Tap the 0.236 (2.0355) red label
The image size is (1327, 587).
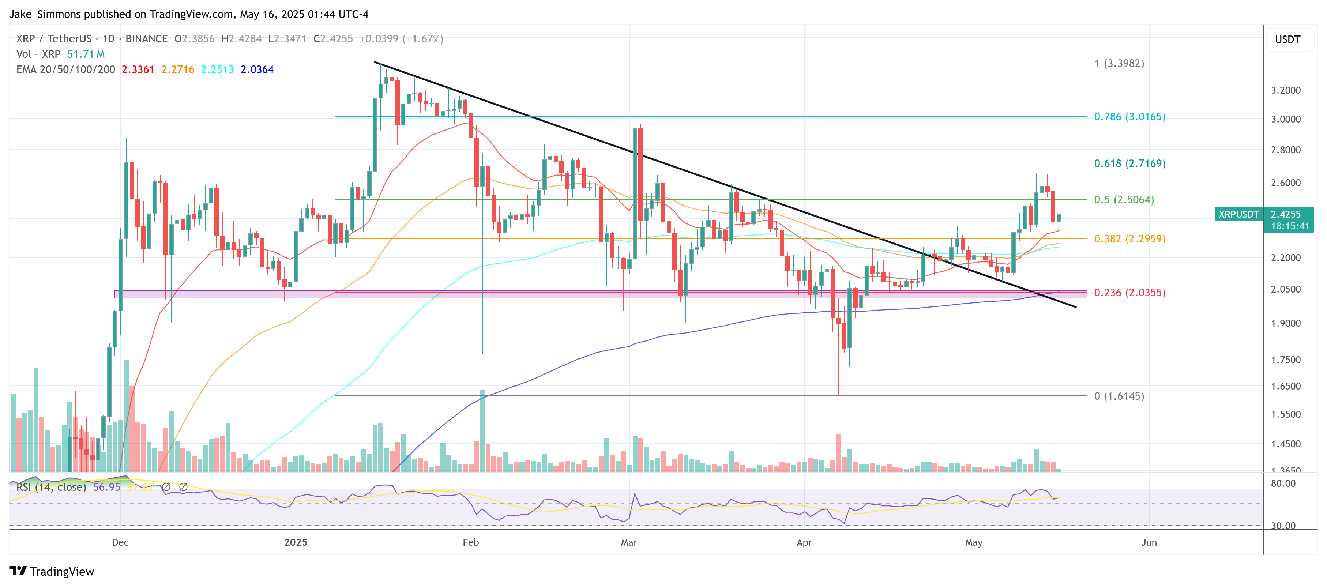point(1129,293)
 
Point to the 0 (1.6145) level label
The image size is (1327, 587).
point(1119,396)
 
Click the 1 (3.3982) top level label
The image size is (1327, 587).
point(1119,63)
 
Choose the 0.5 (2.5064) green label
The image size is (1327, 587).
point(1124,200)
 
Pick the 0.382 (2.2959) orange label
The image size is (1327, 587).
point(1129,238)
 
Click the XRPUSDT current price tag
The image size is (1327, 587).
point(1238,214)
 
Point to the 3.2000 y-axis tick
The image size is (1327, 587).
point(1286,90)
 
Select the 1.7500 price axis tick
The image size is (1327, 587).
point(1286,360)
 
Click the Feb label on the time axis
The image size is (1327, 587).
point(470,542)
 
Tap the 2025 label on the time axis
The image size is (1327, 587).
point(296,542)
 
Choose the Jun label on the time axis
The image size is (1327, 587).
point(1149,542)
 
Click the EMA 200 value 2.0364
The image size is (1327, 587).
point(257,69)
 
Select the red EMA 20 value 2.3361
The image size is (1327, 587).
point(138,69)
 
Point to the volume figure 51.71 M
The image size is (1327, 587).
point(86,54)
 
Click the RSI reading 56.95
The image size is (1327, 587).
point(106,487)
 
